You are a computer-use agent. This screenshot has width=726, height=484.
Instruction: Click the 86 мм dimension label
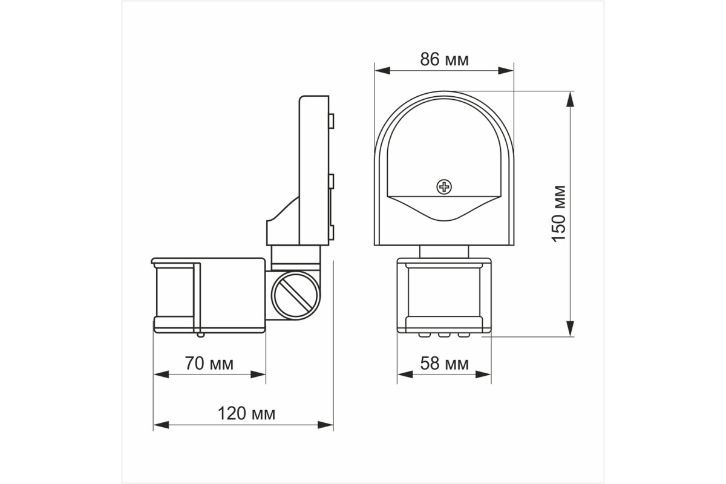pyautogui.click(x=444, y=60)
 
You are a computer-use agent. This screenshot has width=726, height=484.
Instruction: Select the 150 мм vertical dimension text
pyautogui.click(x=559, y=214)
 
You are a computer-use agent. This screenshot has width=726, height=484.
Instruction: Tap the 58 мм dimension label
pyautogui.click(x=444, y=364)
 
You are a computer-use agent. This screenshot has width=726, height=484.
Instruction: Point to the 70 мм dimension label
pyautogui.click(x=209, y=364)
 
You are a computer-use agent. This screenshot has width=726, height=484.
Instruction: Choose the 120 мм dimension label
pyautogui.click(x=246, y=414)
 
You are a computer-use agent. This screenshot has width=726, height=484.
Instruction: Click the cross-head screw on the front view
pyautogui.click(x=444, y=187)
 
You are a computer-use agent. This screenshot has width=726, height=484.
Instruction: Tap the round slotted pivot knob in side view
pyautogui.click(x=295, y=295)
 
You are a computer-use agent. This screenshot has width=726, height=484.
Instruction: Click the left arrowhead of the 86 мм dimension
pyautogui.click(x=382, y=71)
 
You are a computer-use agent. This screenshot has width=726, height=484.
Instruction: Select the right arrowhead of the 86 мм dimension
pyautogui.click(x=506, y=71)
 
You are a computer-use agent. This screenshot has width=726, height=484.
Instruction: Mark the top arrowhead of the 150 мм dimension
pyautogui.click(x=570, y=99)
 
